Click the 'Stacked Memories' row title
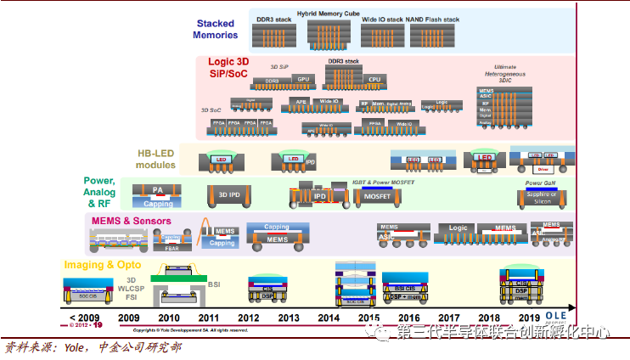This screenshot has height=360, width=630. pyautogui.click(x=216, y=30)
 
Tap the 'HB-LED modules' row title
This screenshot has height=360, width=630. pyautogui.click(x=156, y=159)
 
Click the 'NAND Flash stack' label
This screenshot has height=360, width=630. pyautogui.click(x=436, y=18)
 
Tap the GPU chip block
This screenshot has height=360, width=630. pyautogui.click(x=303, y=79)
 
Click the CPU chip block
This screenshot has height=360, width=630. pyautogui.click(x=374, y=79)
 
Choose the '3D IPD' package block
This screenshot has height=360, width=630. pyautogui.click(x=229, y=195)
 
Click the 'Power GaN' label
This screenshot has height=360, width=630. pyautogui.click(x=540, y=183)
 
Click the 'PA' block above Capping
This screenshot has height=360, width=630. pyautogui.click(x=158, y=189)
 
